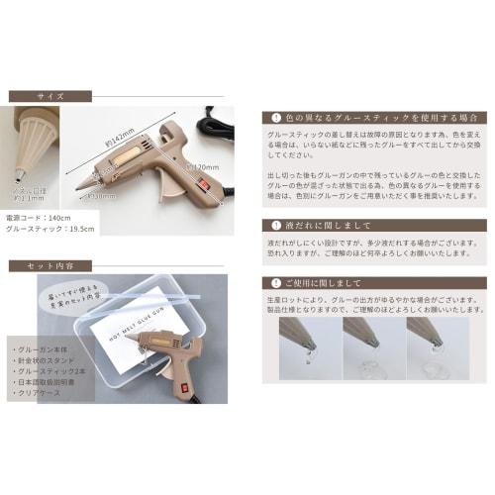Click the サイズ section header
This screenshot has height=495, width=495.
tap(49, 96)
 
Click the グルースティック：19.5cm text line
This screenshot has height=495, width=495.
tap(50, 228)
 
